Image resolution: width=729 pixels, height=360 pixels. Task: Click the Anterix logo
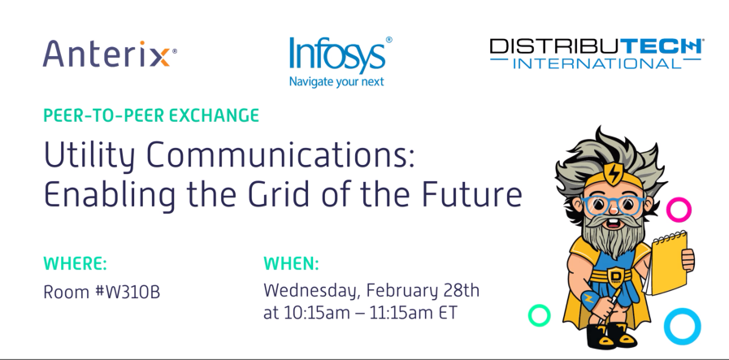coord(109,54)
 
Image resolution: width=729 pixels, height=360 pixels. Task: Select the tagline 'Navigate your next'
coord(336,81)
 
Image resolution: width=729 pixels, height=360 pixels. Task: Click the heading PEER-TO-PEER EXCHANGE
coord(151,115)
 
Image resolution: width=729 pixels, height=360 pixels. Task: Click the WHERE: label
coord(75,263)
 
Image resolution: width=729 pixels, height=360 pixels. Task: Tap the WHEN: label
coord(291,263)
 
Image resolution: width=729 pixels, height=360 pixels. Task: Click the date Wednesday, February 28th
coord(371,290)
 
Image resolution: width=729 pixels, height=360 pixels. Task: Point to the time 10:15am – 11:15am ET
coord(383,313)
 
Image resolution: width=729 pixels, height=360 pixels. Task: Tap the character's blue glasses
coord(614,202)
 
